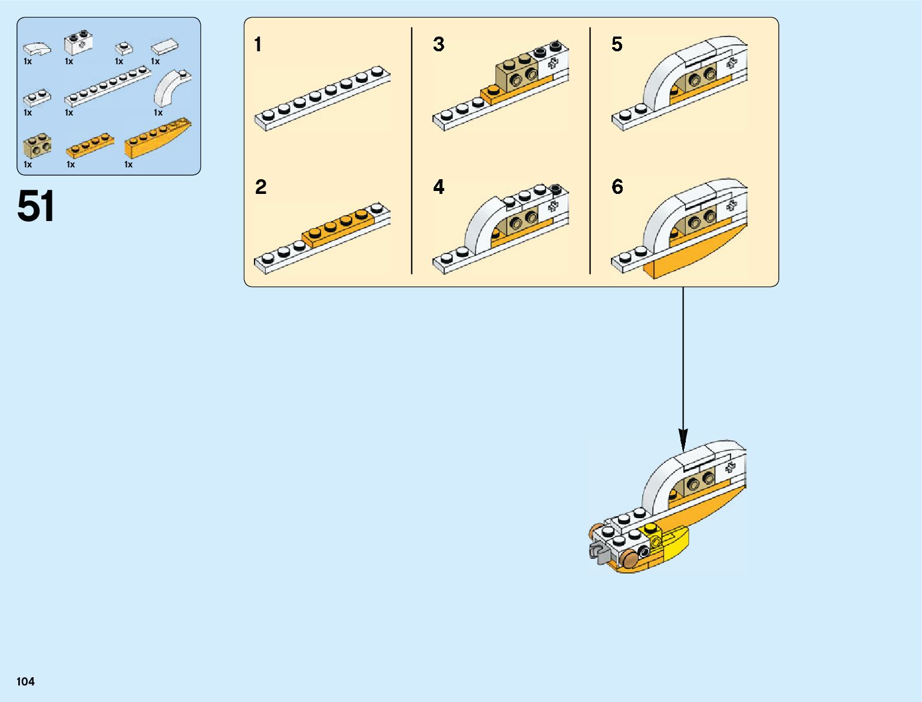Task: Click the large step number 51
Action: pyautogui.click(x=36, y=207)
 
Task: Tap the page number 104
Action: pyautogui.click(x=25, y=681)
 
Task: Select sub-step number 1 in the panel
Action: pyautogui.click(x=258, y=45)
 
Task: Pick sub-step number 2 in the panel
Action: pyautogui.click(x=260, y=187)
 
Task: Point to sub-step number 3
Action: pyautogui.click(x=439, y=44)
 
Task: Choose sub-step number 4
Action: pyautogui.click(x=439, y=187)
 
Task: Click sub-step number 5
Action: pyautogui.click(x=617, y=44)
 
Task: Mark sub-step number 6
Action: pyautogui.click(x=617, y=187)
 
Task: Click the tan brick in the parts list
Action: pyautogui.click(x=37, y=146)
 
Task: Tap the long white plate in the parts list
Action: pyautogui.click(x=107, y=85)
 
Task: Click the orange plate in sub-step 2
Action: pyautogui.click(x=338, y=227)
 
